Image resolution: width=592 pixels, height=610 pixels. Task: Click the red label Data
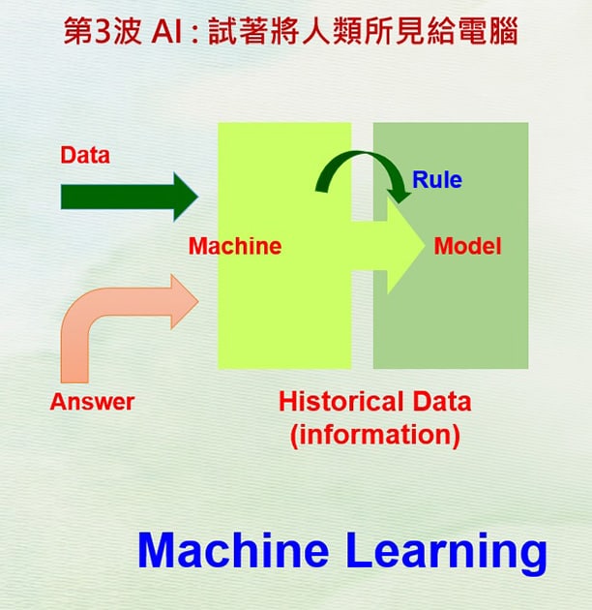click(x=85, y=155)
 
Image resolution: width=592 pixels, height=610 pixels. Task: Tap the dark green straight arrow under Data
click(x=130, y=197)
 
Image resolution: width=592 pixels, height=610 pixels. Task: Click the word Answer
click(x=92, y=402)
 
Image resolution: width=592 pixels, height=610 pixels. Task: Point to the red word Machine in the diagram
click(x=235, y=246)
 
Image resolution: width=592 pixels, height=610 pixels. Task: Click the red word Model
click(x=467, y=246)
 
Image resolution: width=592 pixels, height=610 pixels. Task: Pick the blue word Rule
click(x=437, y=180)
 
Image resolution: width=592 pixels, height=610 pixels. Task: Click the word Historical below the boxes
click(x=341, y=402)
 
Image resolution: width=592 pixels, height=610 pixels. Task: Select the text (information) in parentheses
click(x=375, y=435)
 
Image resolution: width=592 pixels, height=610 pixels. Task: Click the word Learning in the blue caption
click(x=446, y=553)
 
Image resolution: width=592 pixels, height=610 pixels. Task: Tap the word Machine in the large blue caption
click(x=233, y=549)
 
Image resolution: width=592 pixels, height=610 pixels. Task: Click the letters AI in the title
click(x=166, y=32)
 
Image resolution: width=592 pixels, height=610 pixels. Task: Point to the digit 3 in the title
click(x=103, y=32)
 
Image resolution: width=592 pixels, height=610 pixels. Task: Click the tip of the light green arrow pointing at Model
click(x=425, y=246)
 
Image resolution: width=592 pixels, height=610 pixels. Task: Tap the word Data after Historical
click(x=441, y=402)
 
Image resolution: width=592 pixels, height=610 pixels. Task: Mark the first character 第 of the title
click(x=78, y=31)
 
